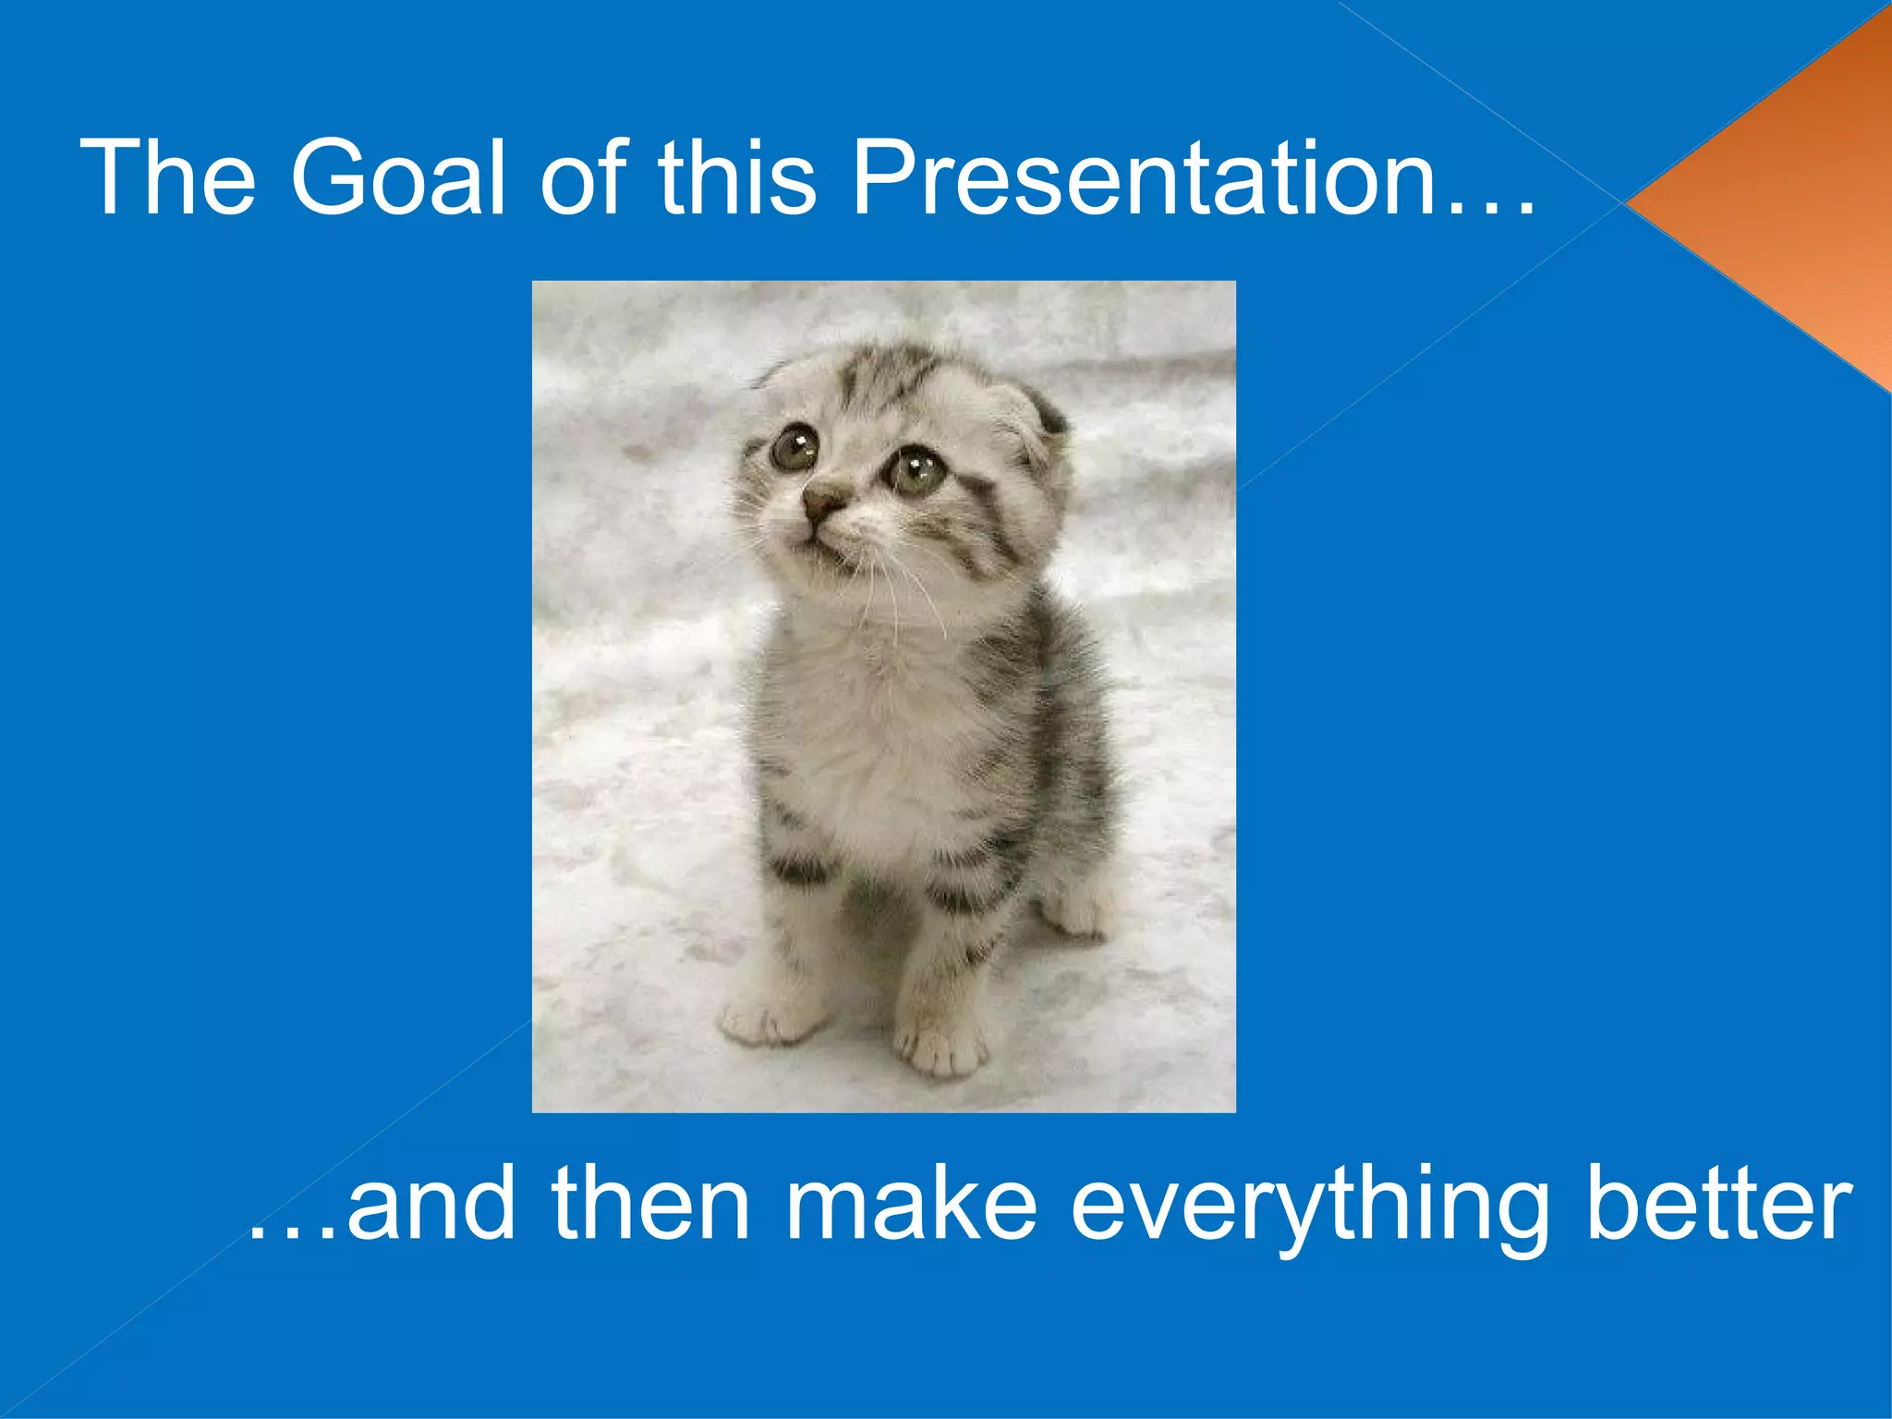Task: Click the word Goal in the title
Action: click(x=398, y=177)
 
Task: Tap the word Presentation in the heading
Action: click(x=1143, y=177)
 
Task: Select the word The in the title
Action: click(x=167, y=177)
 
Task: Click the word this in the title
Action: click(x=736, y=177)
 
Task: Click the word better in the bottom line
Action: click(x=1718, y=1206)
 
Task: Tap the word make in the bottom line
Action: click(x=910, y=1206)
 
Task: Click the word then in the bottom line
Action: click(x=650, y=1206)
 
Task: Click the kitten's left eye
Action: click(x=794, y=448)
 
